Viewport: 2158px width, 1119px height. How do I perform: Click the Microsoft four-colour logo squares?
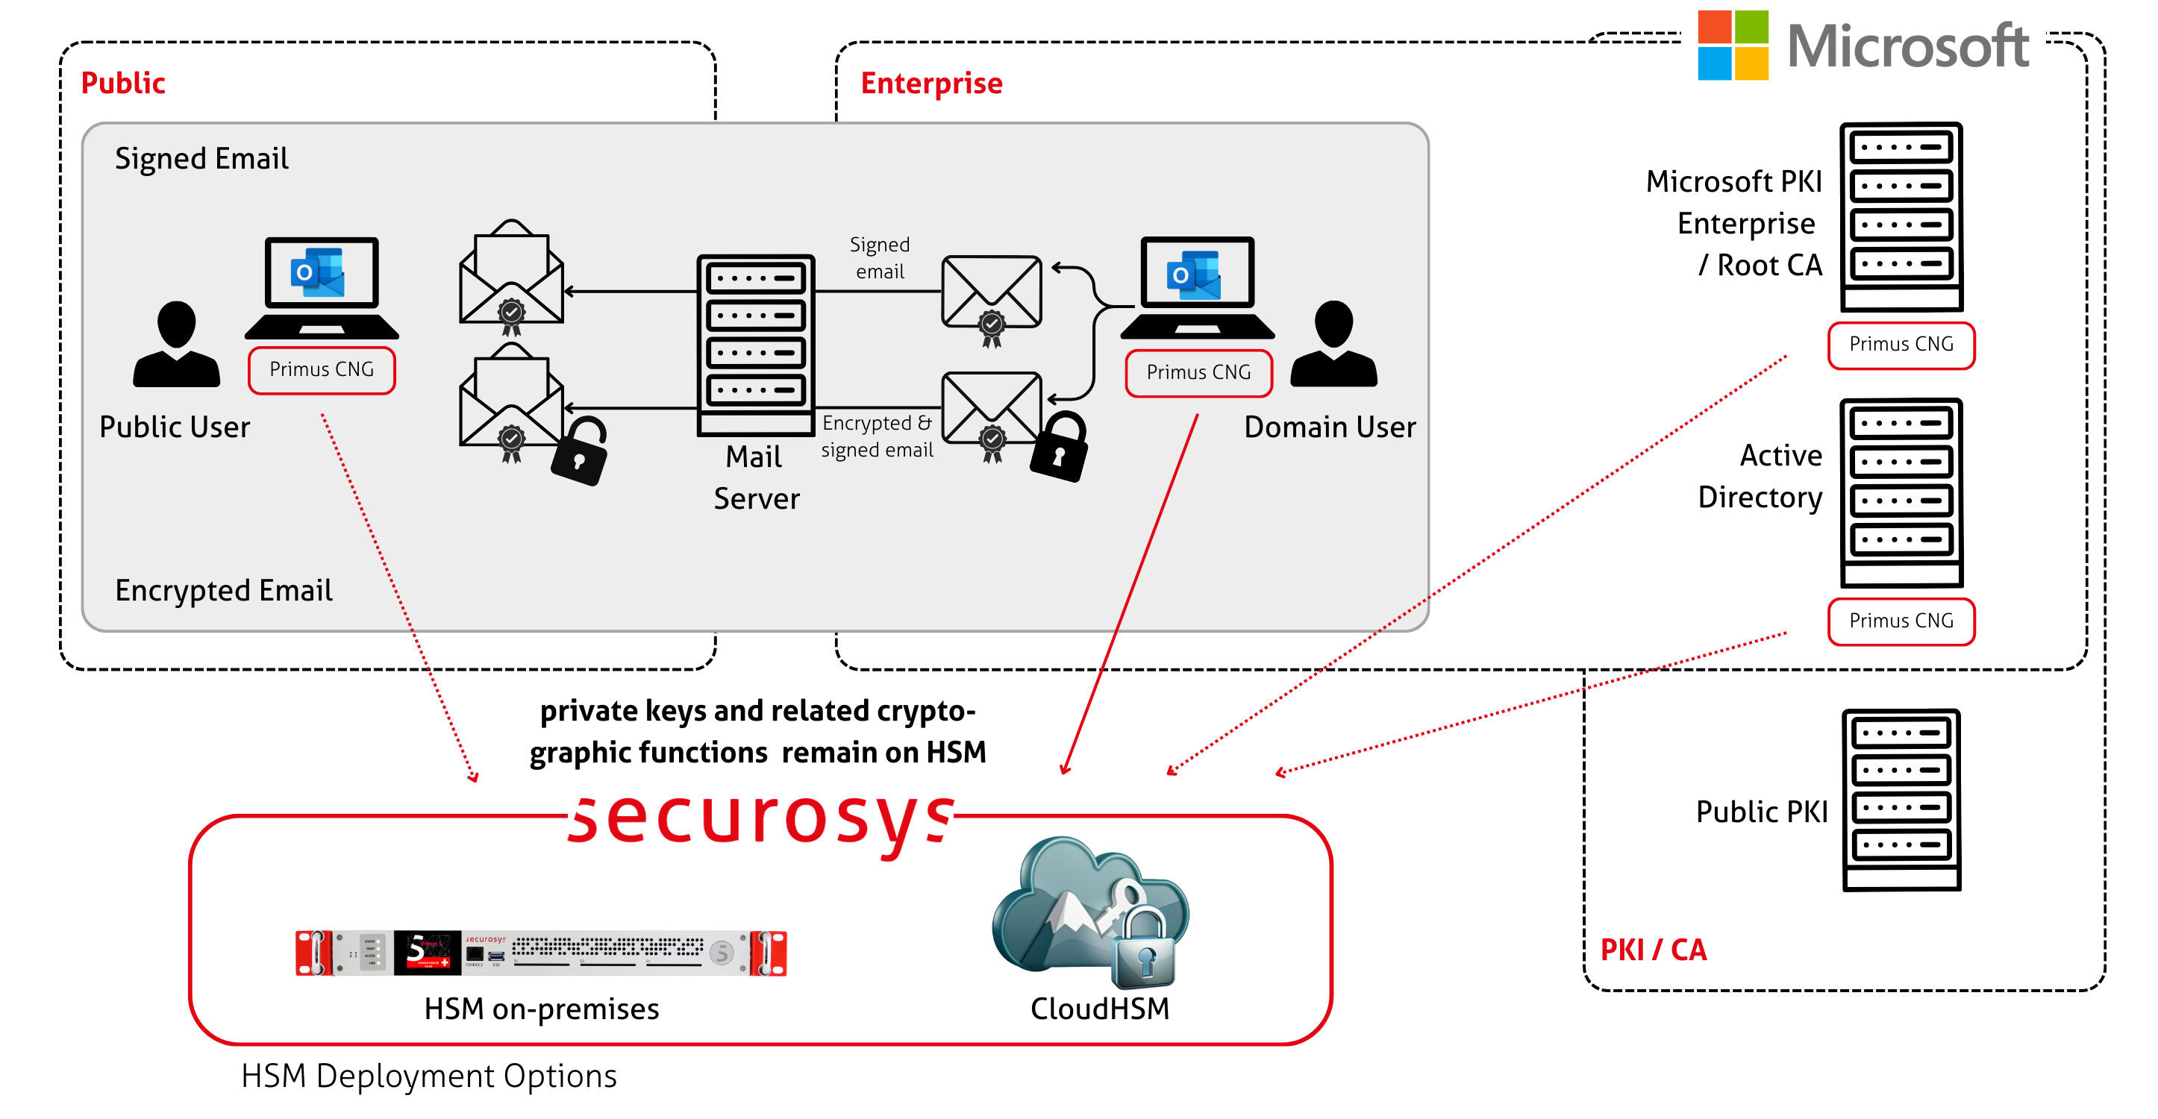[1733, 46]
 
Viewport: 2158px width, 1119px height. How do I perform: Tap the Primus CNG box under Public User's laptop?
[322, 369]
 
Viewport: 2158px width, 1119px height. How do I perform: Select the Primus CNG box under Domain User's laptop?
[1198, 373]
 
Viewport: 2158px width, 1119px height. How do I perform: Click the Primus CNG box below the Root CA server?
[1901, 344]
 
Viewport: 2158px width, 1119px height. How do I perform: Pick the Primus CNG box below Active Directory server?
[1901, 621]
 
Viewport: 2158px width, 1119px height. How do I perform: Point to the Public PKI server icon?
[1901, 799]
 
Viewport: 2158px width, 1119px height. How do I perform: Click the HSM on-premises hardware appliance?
[541, 953]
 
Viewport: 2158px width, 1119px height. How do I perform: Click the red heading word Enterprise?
[931, 83]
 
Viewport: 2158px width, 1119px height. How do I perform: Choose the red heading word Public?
[122, 83]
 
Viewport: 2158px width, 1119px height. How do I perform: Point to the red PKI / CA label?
[1653, 950]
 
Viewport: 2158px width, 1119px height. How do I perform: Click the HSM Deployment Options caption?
[428, 1076]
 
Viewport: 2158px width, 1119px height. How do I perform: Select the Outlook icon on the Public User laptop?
[317, 272]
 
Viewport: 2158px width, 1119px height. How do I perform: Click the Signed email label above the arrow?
[879, 258]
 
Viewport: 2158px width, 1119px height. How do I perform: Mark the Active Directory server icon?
[1901, 492]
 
